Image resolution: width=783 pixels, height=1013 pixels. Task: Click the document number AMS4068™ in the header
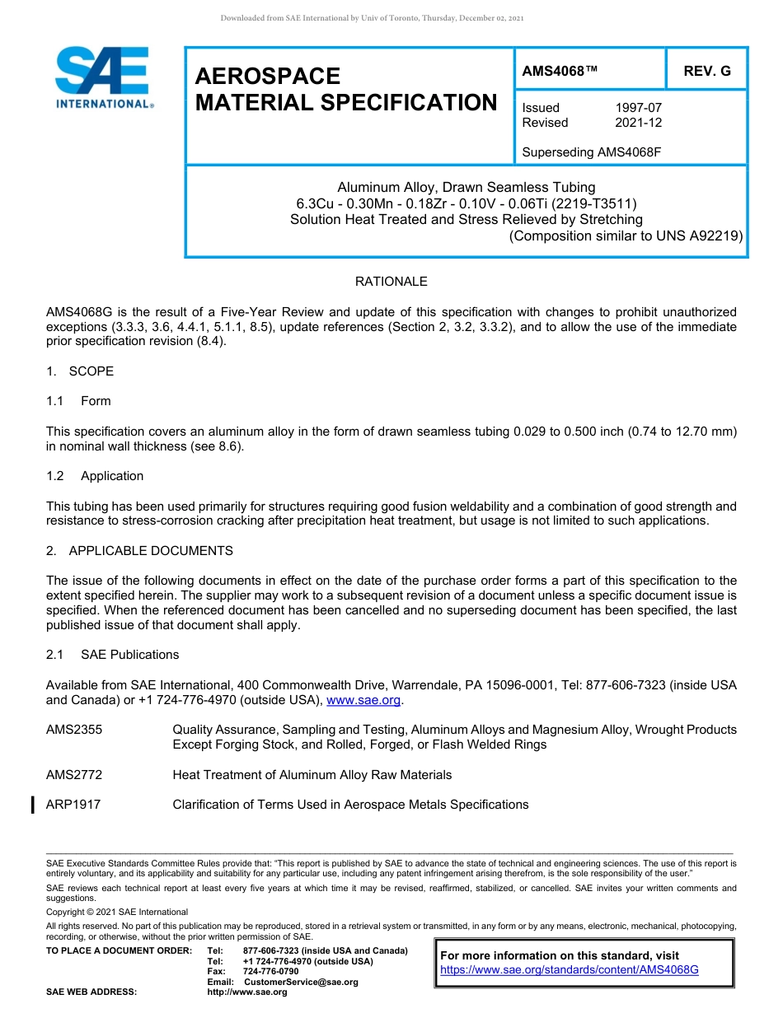(x=559, y=71)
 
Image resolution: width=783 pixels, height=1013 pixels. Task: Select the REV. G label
(x=706, y=71)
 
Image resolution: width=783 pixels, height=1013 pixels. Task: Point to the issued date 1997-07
(x=638, y=108)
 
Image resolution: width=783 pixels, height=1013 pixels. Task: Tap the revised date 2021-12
(x=638, y=123)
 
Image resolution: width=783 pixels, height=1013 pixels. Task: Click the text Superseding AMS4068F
(x=592, y=152)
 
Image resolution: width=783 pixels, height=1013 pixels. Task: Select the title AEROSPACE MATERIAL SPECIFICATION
(x=345, y=90)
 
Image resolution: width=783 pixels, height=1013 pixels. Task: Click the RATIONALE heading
(x=391, y=282)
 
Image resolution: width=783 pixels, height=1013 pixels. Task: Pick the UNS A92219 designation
(x=699, y=236)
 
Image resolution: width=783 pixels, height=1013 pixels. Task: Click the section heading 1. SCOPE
(x=80, y=371)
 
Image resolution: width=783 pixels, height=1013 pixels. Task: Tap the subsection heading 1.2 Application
(x=95, y=476)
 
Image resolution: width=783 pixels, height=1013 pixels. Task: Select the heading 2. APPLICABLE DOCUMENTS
(x=139, y=551)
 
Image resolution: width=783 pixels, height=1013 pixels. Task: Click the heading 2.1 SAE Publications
(x=113, y=655)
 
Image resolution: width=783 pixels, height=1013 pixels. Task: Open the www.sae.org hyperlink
(x=363, y=700)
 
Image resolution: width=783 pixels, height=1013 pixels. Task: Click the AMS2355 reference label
(x=74, y=730)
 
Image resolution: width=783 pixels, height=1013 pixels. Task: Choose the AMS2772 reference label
(x=74, y=775)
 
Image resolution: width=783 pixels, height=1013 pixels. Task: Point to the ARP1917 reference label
(x=73, y=805)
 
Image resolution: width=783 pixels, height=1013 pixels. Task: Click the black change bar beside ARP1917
(x=33, y=805)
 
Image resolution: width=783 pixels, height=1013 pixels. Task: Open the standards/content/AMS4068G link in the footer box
(x=569, y=970)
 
